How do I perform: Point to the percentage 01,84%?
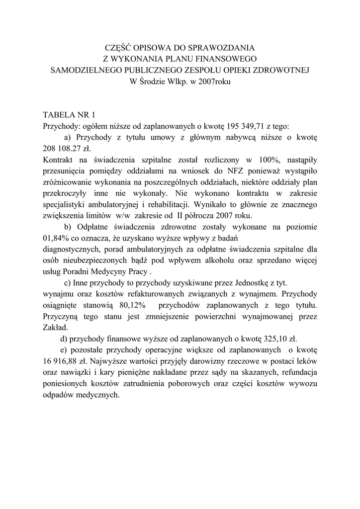(x=56, y=238)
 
